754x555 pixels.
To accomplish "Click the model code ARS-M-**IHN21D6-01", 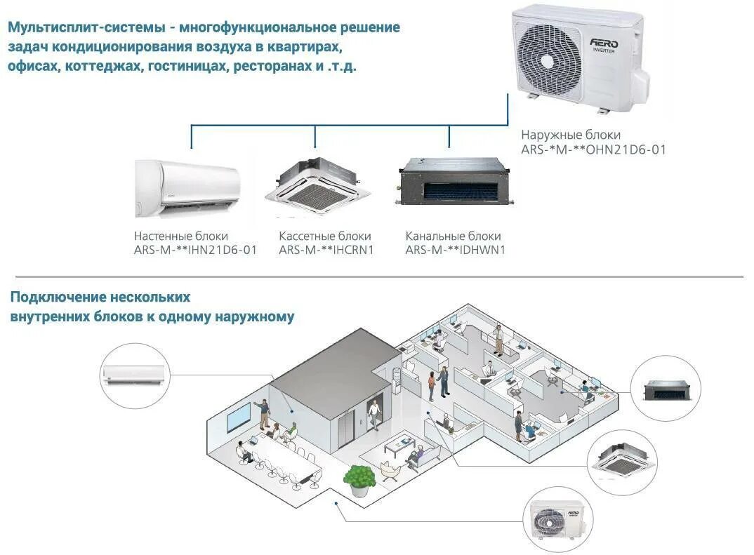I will [195, 250].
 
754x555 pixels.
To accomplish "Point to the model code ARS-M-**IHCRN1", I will [326, 250].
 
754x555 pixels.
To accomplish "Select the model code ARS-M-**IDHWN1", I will [456, 250].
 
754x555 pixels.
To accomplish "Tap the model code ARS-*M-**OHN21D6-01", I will [593, 149].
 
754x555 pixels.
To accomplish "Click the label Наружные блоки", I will [570, 135].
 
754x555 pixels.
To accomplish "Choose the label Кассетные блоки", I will [324, 236].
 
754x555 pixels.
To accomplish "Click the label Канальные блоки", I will [453, 236].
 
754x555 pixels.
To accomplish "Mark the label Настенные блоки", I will [181, 236].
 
